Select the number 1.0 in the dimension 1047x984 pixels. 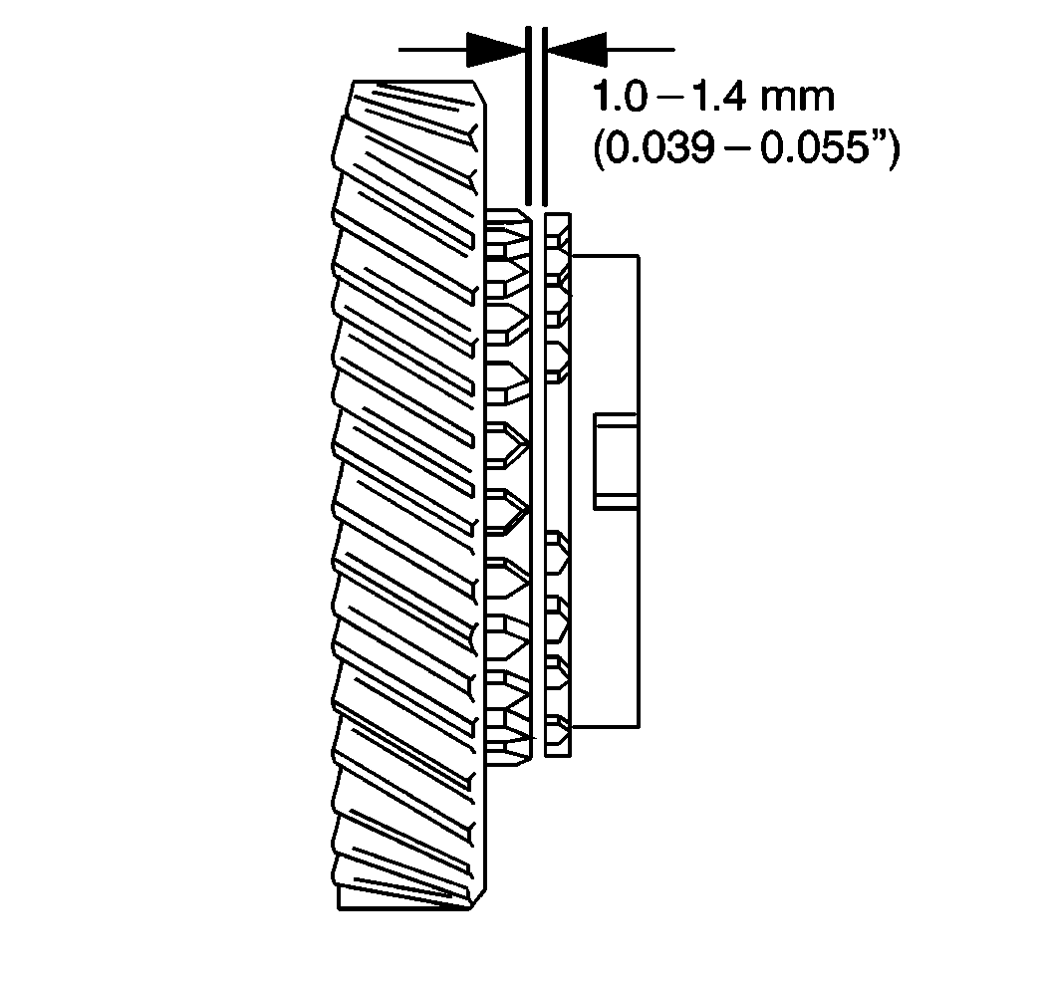click(x=619, y=100)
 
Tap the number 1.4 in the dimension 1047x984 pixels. click(x=721, y=100)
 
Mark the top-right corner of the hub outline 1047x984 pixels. click(x=637, y=256)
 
